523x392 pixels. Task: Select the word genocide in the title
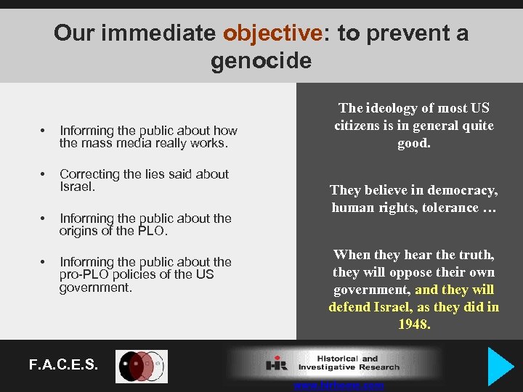261,60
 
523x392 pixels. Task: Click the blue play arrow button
500,366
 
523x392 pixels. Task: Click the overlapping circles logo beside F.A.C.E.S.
142,366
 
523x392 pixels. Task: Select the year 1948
414,324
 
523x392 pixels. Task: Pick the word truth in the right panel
474,255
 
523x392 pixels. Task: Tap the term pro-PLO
85,274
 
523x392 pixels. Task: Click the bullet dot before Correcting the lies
43,175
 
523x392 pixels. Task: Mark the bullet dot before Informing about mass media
43,131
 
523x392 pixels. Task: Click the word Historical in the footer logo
338,359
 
